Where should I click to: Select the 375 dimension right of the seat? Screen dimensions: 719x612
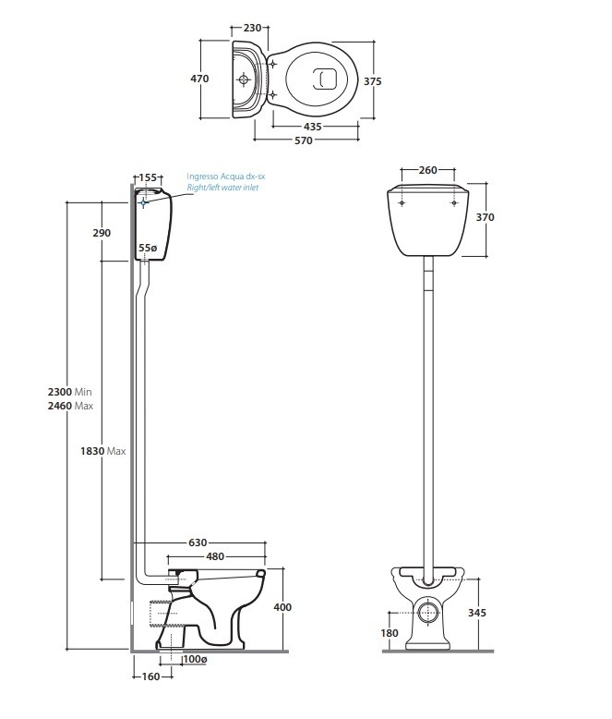pyautogui.click(x=373, y=81)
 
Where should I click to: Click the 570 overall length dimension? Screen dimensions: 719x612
pyautogui.click(x=303, y=140)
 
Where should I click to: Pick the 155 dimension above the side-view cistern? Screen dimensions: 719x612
pyautogui.click(x=149, y=177)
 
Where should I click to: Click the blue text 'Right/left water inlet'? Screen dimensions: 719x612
pyautogui.click(x=222, y=188)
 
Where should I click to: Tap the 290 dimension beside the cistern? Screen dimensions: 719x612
pyautogui.click(x=102, y=233)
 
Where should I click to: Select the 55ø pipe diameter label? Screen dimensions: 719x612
pyautogui.click(x=148, y=248)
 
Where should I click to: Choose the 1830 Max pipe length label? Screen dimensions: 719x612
pyautogui.click(x=103, y=451)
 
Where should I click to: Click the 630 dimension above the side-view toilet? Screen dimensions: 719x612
pyautogui.click(x=198, y=542)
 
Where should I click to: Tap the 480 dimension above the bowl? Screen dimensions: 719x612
pyautogui.click(x=215, y=557)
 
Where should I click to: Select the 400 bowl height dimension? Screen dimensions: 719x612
pyautogui.click(x=282, y=607)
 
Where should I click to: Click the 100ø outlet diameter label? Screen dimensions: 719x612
pyautogui.click(x=194, y=659)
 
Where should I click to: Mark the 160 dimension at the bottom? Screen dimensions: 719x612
pyautogui.click(x=150, y=677)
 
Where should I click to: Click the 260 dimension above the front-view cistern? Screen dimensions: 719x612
pyautogui.click(x=427, y=171)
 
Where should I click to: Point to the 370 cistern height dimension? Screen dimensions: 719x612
pyautogui.click(x=486, y=217)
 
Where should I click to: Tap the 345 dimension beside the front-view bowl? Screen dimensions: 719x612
pyautogui.click(x=477, y=612)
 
